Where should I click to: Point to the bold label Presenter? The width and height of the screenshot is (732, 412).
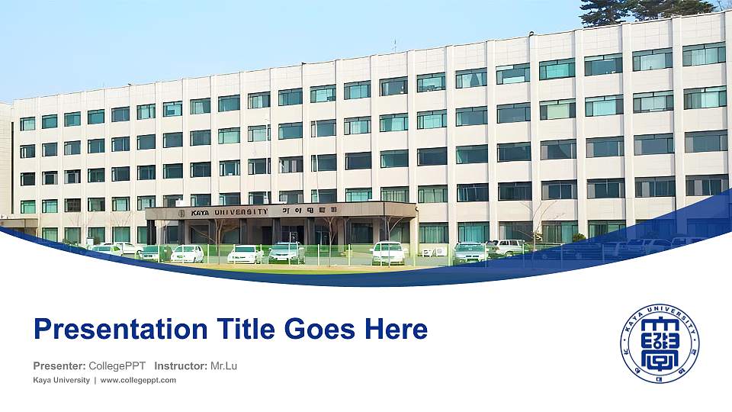(59, 366)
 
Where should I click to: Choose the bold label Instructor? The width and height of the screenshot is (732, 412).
(181, 366)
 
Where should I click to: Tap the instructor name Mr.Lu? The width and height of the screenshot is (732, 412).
(223, 366)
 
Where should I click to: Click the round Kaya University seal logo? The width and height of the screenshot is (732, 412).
(659, 343)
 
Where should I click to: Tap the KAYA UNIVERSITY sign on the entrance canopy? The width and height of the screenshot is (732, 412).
(230, 212)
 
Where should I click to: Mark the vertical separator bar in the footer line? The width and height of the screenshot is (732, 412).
(95, 380)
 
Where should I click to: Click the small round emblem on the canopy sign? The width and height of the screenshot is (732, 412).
(182, 213)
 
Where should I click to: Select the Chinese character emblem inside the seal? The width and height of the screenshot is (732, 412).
(659, 344)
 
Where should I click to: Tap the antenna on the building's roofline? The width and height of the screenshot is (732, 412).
(394, 44)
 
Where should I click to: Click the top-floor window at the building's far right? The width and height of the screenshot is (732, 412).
(703, 54)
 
